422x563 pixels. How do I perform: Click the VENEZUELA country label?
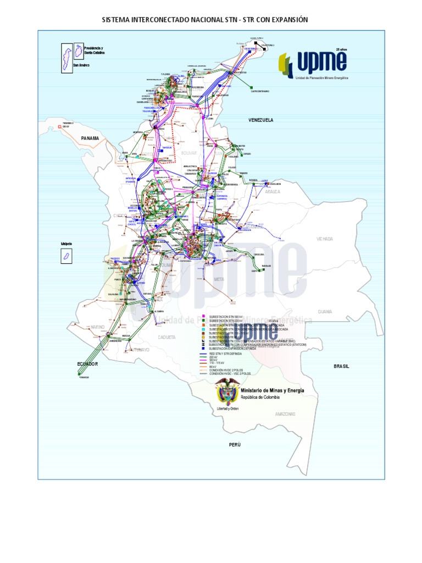click(x=260, y=119)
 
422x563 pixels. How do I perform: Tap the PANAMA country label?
click(x=90, y=139)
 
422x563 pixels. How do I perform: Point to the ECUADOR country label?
click(x=88, y=364)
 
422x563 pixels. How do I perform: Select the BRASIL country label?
click(x=341, y=366)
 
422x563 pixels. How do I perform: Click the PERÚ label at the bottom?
click(x=236, y=443)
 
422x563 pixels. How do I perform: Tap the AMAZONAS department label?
click(x=285, y=414)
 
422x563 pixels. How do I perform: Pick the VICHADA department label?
click(x=325, y=239)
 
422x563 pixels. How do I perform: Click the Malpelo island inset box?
click(x=65, y=256)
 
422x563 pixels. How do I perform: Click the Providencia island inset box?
click(x=79, y=50)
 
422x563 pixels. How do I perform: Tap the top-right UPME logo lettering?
click(x=321, y=62)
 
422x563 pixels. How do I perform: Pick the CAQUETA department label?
click(x=166, y=337)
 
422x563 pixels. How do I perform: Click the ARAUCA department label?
click(x=273, y=192)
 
